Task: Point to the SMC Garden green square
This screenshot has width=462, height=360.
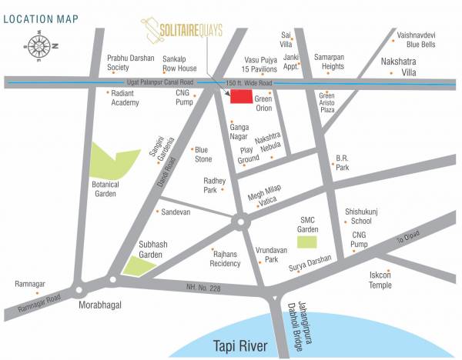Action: [307, 242]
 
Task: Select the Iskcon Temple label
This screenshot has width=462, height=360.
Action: [380, 279]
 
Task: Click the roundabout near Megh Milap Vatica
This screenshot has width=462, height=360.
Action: [241, 222]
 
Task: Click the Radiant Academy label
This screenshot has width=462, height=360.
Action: [124, 97]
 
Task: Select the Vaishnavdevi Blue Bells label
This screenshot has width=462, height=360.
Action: [417, 40]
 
